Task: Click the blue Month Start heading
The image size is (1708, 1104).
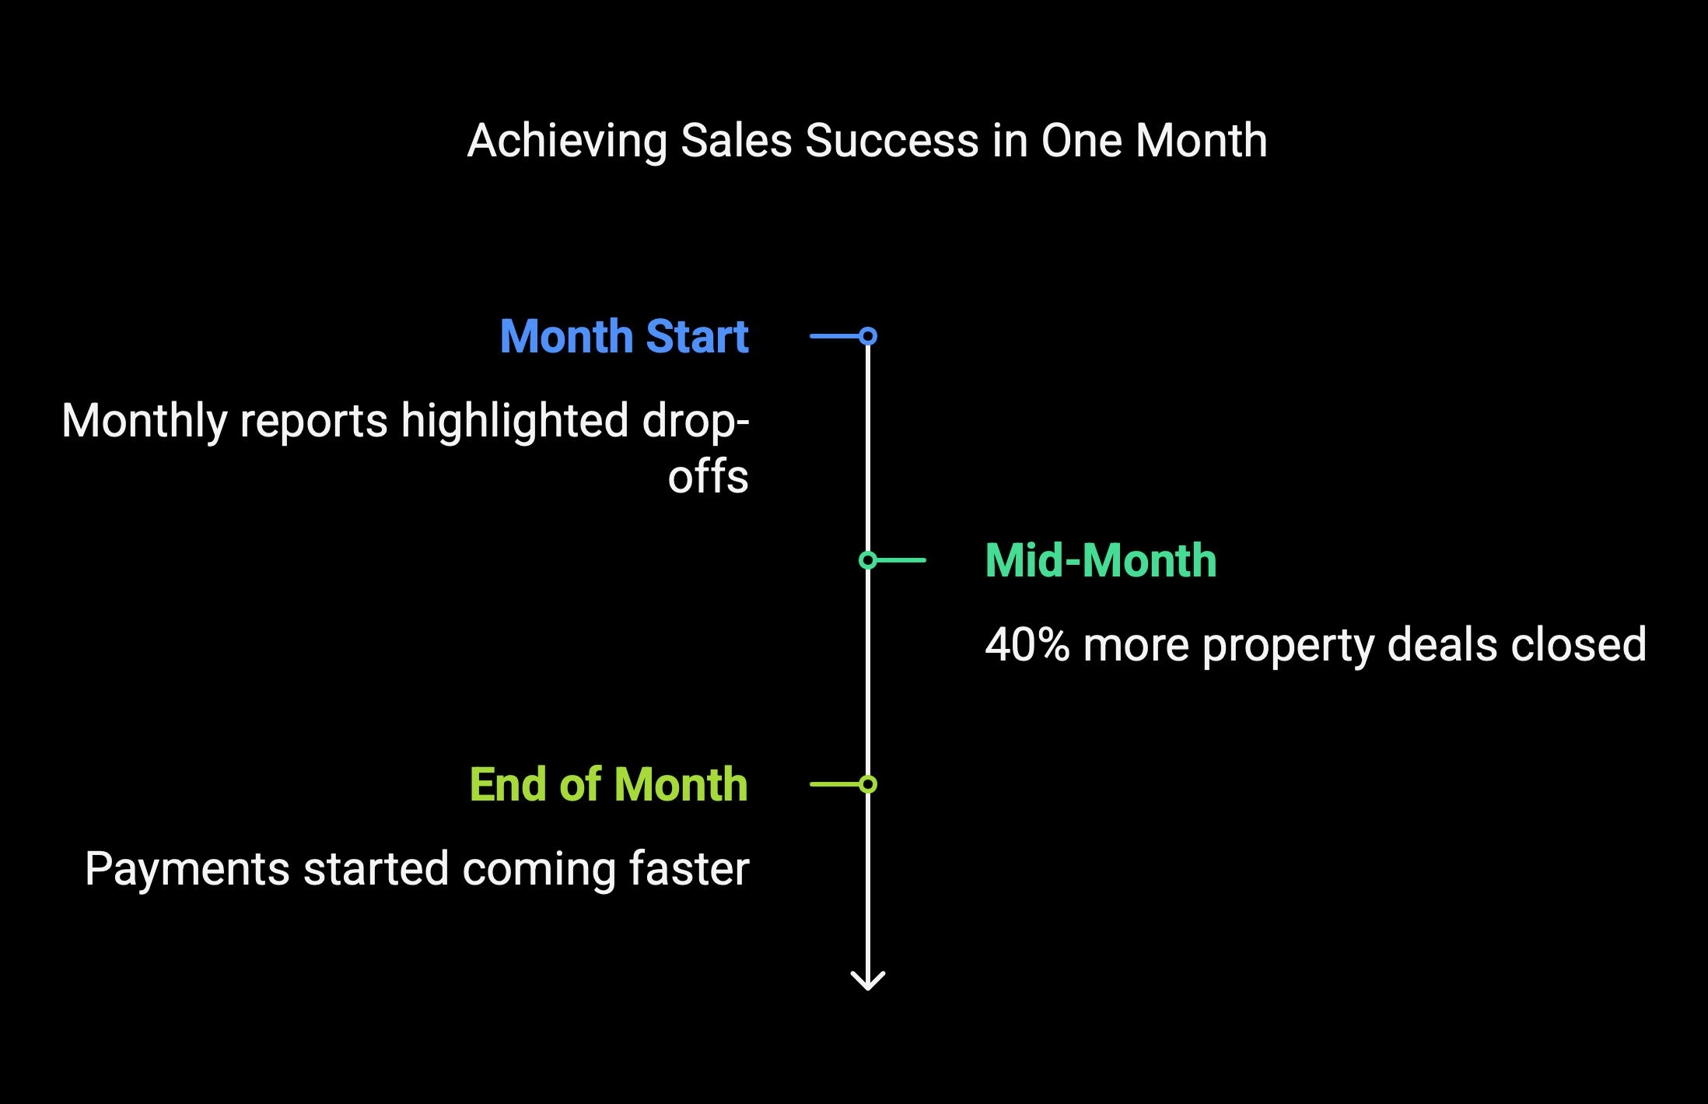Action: tap(624, 336)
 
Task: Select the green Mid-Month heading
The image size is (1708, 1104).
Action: tap(1101, 560)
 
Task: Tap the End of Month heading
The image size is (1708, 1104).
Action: tap(608, 784)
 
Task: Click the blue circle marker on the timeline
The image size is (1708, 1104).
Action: tap(868, 336)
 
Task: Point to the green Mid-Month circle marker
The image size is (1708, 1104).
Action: tap(868, 560)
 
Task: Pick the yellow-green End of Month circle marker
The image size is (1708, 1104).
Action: tap(868, 784)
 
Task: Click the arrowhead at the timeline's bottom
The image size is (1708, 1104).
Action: tap(868, 982)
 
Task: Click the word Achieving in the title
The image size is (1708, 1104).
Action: tap(567, 142)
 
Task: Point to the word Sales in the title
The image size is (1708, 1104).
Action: tap(737, 141)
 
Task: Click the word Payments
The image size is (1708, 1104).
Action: tap(187, 869)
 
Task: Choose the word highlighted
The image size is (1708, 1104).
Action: tap(515, 422)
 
